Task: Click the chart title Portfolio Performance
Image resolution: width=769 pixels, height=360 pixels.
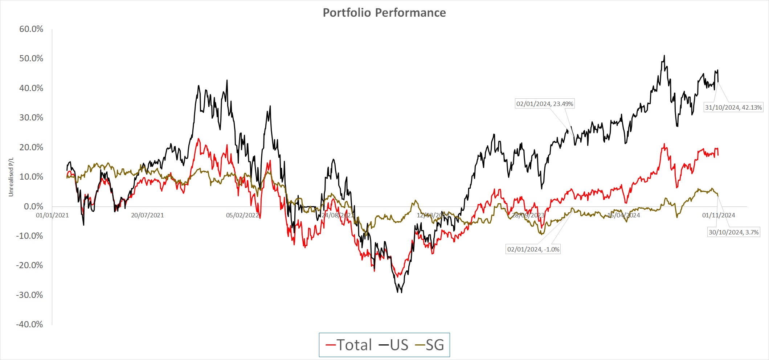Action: [384, 13]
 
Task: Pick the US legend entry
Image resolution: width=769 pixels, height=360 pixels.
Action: [394, 345]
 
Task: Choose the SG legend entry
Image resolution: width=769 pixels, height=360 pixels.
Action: [430, 345]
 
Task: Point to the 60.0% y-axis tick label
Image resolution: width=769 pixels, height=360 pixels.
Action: [31, 29]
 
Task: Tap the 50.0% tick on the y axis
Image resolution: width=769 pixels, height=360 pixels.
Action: [31, 58]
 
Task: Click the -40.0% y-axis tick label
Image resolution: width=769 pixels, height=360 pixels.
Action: [30, 324]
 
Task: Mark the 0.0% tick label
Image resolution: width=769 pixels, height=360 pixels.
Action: [33, 206]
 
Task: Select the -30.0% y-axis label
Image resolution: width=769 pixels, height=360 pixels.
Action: [30, 295]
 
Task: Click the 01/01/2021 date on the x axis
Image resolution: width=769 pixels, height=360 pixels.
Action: [52, 215]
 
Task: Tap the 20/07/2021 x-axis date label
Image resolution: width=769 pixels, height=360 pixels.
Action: [147, 215]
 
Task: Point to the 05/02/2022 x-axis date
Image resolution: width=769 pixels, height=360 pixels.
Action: [242, 215]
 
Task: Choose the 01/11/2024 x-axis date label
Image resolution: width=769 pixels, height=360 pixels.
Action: [719, 215]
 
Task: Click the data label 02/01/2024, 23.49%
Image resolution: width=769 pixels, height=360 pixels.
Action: [545, 104]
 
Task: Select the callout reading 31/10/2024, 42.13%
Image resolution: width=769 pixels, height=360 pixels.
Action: [733, 107]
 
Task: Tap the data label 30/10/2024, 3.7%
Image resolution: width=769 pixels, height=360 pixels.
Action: [733, 232]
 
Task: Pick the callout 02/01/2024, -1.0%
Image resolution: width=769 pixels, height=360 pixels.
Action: [533, 249]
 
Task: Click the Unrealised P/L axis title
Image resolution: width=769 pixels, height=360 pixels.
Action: [11, 177]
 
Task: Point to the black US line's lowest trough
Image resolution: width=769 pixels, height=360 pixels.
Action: [401, 292]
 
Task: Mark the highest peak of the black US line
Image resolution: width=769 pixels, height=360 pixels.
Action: [664, 56]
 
